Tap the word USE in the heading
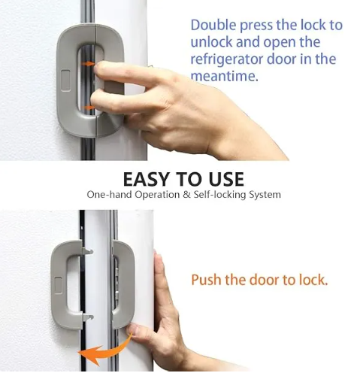coord(226,179)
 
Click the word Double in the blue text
coord(213,25)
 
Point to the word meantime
coord(224,76)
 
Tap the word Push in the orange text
coord(206,280)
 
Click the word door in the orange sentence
coord(265,280)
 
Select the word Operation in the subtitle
coord(157,195)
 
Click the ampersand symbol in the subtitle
coord(186,195)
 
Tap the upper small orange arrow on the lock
coord(88,64)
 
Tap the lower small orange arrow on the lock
coord(89,108)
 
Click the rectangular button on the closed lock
coord(65,80)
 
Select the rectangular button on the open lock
coord(58,285)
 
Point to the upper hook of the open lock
coord(87,251)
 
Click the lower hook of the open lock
coord(88,317)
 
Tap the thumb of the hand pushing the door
coord(134,330)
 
